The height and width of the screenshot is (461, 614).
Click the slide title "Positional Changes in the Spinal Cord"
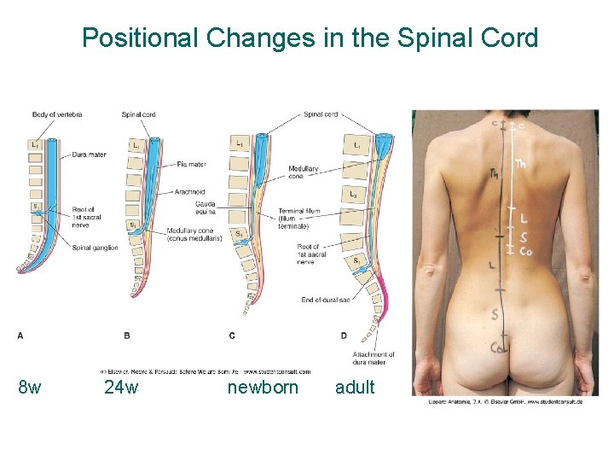tap(310, 38)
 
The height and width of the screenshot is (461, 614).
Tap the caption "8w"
tap(30, 388)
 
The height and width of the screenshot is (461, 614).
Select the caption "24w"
tap(120, 388)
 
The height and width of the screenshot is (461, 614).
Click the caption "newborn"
tap(263, 388)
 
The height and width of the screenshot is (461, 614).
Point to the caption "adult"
tap(355, 388)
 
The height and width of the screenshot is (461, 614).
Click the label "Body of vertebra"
tap(57, 114)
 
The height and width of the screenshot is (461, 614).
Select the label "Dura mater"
tap(90, 155)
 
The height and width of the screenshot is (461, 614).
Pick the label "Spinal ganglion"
tap(95, 248)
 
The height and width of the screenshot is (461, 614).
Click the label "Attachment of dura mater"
tap(374, 359)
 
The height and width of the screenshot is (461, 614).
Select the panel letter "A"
tap(20, 336)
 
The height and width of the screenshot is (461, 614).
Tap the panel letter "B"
tap(127, 336)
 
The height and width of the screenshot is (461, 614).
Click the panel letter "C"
tap(232, 336)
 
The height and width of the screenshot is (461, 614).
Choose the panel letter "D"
tap(344, 336)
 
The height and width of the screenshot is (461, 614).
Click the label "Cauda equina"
tap(206, 207)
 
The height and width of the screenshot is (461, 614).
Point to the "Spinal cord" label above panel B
tap(138, 114)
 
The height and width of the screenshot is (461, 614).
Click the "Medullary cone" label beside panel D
tap(304, 173)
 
